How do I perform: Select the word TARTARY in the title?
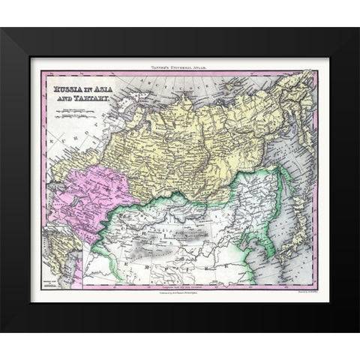[x=97, y=99]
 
